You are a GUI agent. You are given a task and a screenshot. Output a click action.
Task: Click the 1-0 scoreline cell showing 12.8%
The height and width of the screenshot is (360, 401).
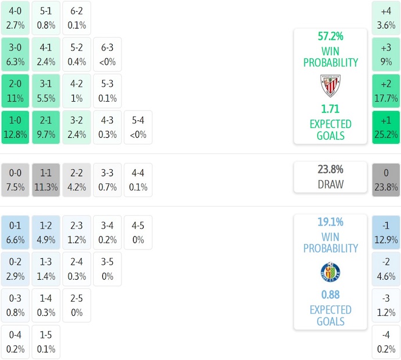(x=15, y=127)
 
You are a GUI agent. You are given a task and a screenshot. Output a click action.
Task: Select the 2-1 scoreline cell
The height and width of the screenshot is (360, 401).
(x=46, y=127)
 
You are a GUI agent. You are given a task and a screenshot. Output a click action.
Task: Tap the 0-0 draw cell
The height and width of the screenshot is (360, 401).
(x=15, y=180)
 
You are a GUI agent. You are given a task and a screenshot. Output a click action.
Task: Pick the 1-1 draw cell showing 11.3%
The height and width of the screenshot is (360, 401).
(x=46, y=180)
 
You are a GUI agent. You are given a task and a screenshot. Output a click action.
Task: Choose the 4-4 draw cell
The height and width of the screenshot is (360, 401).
(x=138, y=180)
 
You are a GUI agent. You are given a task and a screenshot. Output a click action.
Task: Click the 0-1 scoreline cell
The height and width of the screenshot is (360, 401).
(x=15, y=232)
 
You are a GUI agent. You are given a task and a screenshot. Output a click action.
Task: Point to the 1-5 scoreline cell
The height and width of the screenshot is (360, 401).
(x=46, y=343)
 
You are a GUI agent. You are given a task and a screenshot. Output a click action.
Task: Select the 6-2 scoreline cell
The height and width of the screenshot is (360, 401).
(x=77, y=18)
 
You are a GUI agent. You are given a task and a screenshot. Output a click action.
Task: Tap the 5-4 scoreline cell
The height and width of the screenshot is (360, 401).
(x=138, y=127)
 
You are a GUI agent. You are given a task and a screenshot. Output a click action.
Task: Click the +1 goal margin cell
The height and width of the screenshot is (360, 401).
(x=386, y=127)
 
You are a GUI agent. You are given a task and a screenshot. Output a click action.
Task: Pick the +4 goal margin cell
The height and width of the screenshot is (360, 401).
(x=386, y=18)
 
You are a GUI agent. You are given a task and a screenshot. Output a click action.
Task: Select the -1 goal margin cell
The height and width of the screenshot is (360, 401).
(x=386, y=232)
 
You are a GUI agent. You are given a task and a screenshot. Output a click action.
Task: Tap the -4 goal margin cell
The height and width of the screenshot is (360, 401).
(x=386, y=343)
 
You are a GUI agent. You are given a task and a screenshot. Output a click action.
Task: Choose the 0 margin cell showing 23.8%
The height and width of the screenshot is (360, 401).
(x=386, y=180)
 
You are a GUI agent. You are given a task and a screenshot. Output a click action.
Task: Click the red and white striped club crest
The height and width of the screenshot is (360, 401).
(x=330, y=86)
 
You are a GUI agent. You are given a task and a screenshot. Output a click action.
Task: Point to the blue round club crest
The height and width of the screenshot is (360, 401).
(x=330, y=272)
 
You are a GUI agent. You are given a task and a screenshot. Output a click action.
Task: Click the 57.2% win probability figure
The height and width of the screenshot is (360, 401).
(x=330, y=36)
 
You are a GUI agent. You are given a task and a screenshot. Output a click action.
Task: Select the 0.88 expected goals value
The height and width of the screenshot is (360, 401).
(x=330, y=294)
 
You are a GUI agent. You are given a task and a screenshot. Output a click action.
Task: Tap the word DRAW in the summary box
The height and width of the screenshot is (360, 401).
(x=330, y=184)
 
